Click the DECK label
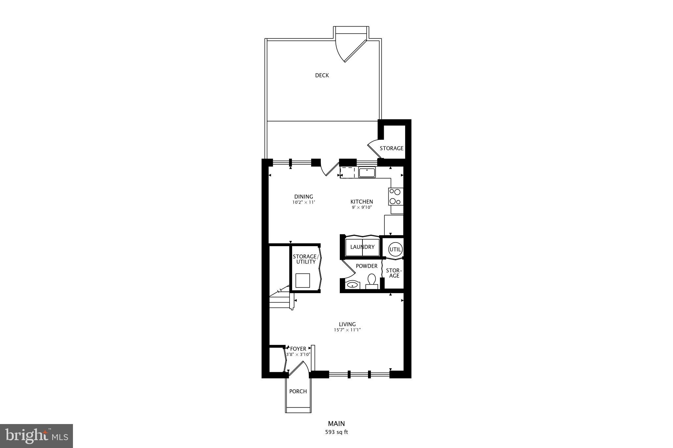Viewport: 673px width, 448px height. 322,75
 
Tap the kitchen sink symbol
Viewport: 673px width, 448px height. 367,172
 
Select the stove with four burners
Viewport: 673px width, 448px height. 396,197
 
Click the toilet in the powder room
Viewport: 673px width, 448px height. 372,281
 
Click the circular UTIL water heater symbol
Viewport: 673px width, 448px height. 395,249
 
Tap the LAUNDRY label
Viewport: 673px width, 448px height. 362,247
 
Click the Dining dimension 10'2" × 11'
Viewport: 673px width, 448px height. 304,203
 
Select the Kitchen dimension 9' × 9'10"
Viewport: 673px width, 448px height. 361,207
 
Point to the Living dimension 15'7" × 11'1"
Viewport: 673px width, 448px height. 347,330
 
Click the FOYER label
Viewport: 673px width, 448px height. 298,349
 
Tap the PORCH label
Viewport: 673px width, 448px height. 298,391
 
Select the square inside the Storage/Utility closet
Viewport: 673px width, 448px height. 303,280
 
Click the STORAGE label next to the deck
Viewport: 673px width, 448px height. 391,148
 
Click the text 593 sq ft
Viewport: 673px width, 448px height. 336,432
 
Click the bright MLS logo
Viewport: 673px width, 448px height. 36,436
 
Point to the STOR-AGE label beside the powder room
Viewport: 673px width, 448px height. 394,273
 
